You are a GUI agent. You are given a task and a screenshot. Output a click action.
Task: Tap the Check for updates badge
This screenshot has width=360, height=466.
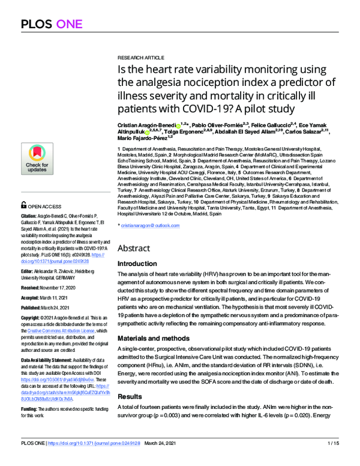tap(37, 158)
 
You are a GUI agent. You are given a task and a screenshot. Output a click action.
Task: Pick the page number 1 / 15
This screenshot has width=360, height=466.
tap(334, 459)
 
